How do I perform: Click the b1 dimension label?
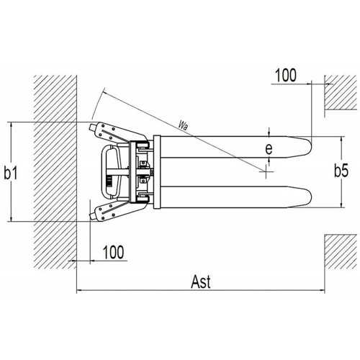click(11, 172)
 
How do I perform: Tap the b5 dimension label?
click(341, 171)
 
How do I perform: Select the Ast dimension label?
click(201, 282)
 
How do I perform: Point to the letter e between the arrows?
click(269, 149)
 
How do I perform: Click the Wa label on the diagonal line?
click(183, 125)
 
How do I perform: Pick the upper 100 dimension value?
click(286, 76)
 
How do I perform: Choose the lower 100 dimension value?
click(113, 252)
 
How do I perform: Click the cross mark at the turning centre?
click(266, 171)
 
